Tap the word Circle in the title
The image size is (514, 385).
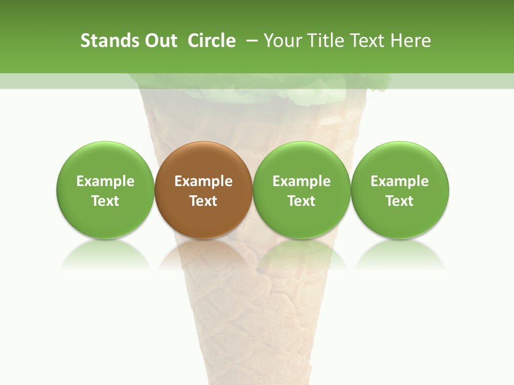[x=211, y=41]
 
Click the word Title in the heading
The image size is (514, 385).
[x=326, y=41]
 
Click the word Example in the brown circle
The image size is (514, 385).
[x=203, y=181]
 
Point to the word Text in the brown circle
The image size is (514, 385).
[x=203, y=201]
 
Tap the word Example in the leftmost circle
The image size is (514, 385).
[x=105, y=181]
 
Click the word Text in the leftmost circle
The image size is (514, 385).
[x=105, y=201]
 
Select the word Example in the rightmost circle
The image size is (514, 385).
[x=400, y=181]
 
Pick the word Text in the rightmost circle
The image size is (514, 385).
[x=400, y=201]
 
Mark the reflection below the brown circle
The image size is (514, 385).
[x=203, y=254]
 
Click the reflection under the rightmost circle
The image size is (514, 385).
[x=400, y=254]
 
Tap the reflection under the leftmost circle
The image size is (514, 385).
[x=105, y=254]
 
